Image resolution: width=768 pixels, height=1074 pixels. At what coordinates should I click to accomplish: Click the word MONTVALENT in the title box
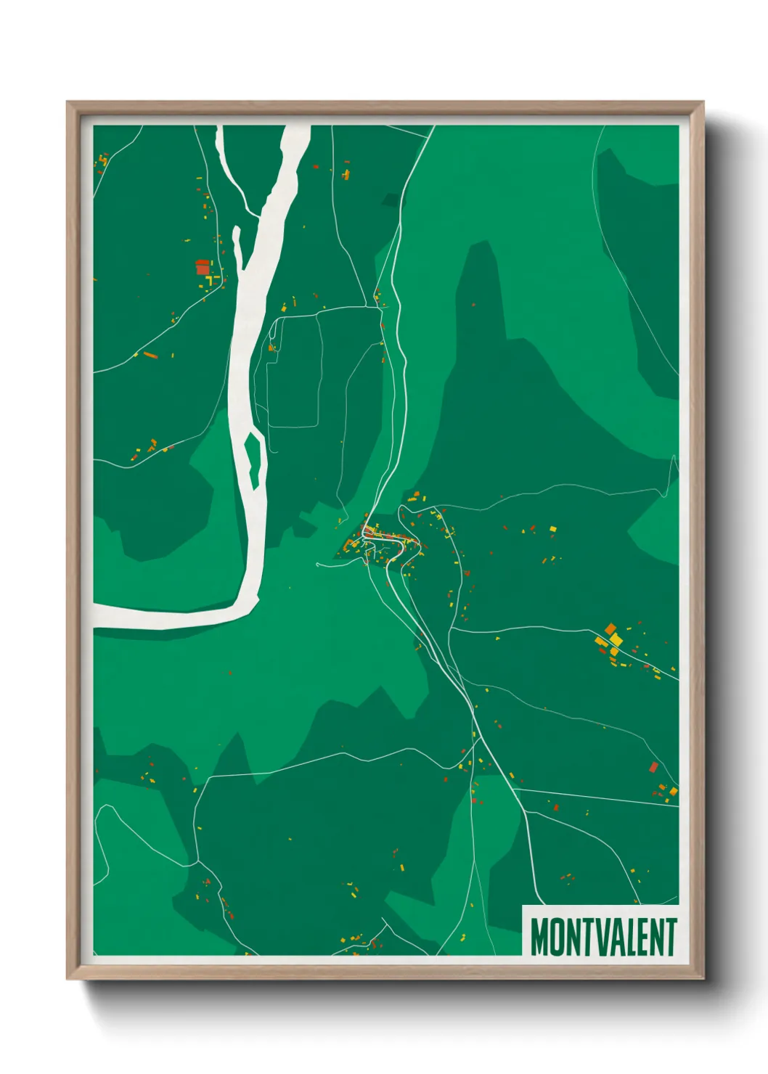click(x=603, y=937)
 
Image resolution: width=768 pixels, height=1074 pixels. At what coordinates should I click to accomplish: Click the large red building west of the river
click(x=203, y=267)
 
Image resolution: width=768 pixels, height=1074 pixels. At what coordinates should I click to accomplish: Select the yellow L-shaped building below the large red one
click(x=210, y=279)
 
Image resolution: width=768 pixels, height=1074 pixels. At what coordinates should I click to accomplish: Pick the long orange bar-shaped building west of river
click(x=150, y=355)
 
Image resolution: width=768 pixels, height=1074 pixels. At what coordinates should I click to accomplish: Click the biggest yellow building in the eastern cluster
click(x=616, y=639)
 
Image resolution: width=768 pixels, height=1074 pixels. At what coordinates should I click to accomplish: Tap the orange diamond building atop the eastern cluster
click(x=610, y=628)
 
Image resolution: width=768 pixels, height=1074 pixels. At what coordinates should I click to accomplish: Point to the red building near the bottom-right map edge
click(x=653, y=767)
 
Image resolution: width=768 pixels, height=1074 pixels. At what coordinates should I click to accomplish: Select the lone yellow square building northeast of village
click(x=553, y=528)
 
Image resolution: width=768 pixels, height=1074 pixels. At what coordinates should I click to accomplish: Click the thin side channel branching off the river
click(x=236, y=181)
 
